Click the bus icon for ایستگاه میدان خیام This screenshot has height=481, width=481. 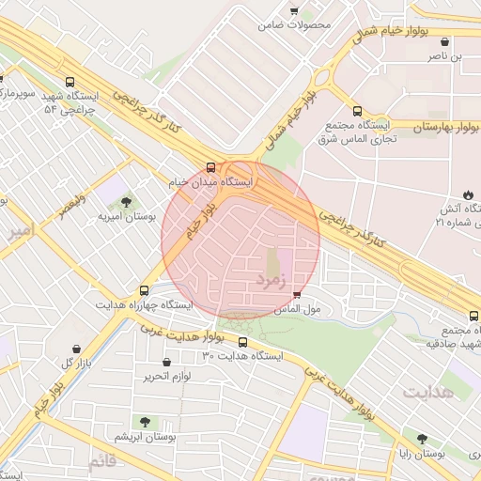(209, 167)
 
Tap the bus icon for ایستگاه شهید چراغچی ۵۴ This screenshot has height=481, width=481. (70, 82)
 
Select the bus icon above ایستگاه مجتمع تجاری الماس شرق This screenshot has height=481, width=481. (357, 111)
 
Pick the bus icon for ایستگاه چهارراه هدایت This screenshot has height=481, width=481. (144, 291)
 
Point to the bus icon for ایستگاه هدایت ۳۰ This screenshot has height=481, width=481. (243, 342)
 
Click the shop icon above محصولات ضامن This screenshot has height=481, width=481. (294, 11)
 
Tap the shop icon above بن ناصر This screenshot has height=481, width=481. (443, 42)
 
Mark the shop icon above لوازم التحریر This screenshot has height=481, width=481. (166, 363)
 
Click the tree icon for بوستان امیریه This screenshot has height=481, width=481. (126, 201)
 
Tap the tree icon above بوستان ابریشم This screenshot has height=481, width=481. (144, 422)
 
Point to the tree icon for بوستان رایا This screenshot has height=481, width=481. (422, 439)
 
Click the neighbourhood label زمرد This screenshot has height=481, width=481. (274, 279)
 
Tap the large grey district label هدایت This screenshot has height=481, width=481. (427, 392)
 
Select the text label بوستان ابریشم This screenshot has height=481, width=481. (145, 438)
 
